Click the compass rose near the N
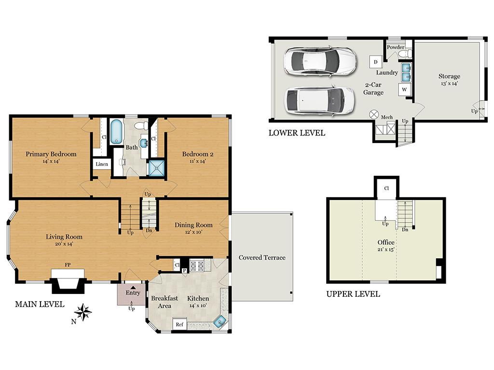(x=83, y=312)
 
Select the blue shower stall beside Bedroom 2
(x=157, y=168)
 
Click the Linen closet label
(x=102, y=164)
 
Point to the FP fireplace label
(x=68, y=265)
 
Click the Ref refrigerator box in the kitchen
(x=179, y=324)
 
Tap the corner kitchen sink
(x=220, y=321)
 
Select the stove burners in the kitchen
(x=197, y=266)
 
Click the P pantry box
(x=184, y=271)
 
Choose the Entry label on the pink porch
(x=133, y=292)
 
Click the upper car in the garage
(x=320, y=61)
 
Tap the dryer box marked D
(x=375, y=62)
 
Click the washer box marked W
(x=405, y=89)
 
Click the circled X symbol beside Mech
(x=374, y=115)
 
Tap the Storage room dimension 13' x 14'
(x=449, y=84)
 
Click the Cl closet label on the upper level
(x=386, y=188)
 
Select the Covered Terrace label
(x=262, y=257)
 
